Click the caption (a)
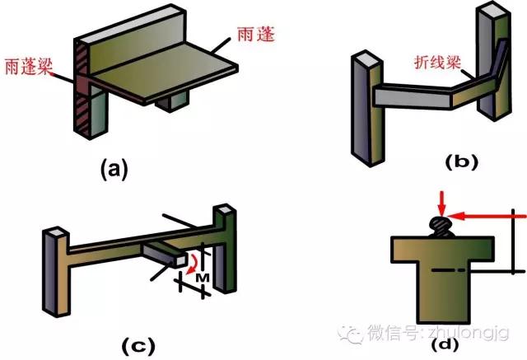(114, 169)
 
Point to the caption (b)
(457, 162)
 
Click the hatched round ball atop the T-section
(442, 223)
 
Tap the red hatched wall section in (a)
(82, 91)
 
